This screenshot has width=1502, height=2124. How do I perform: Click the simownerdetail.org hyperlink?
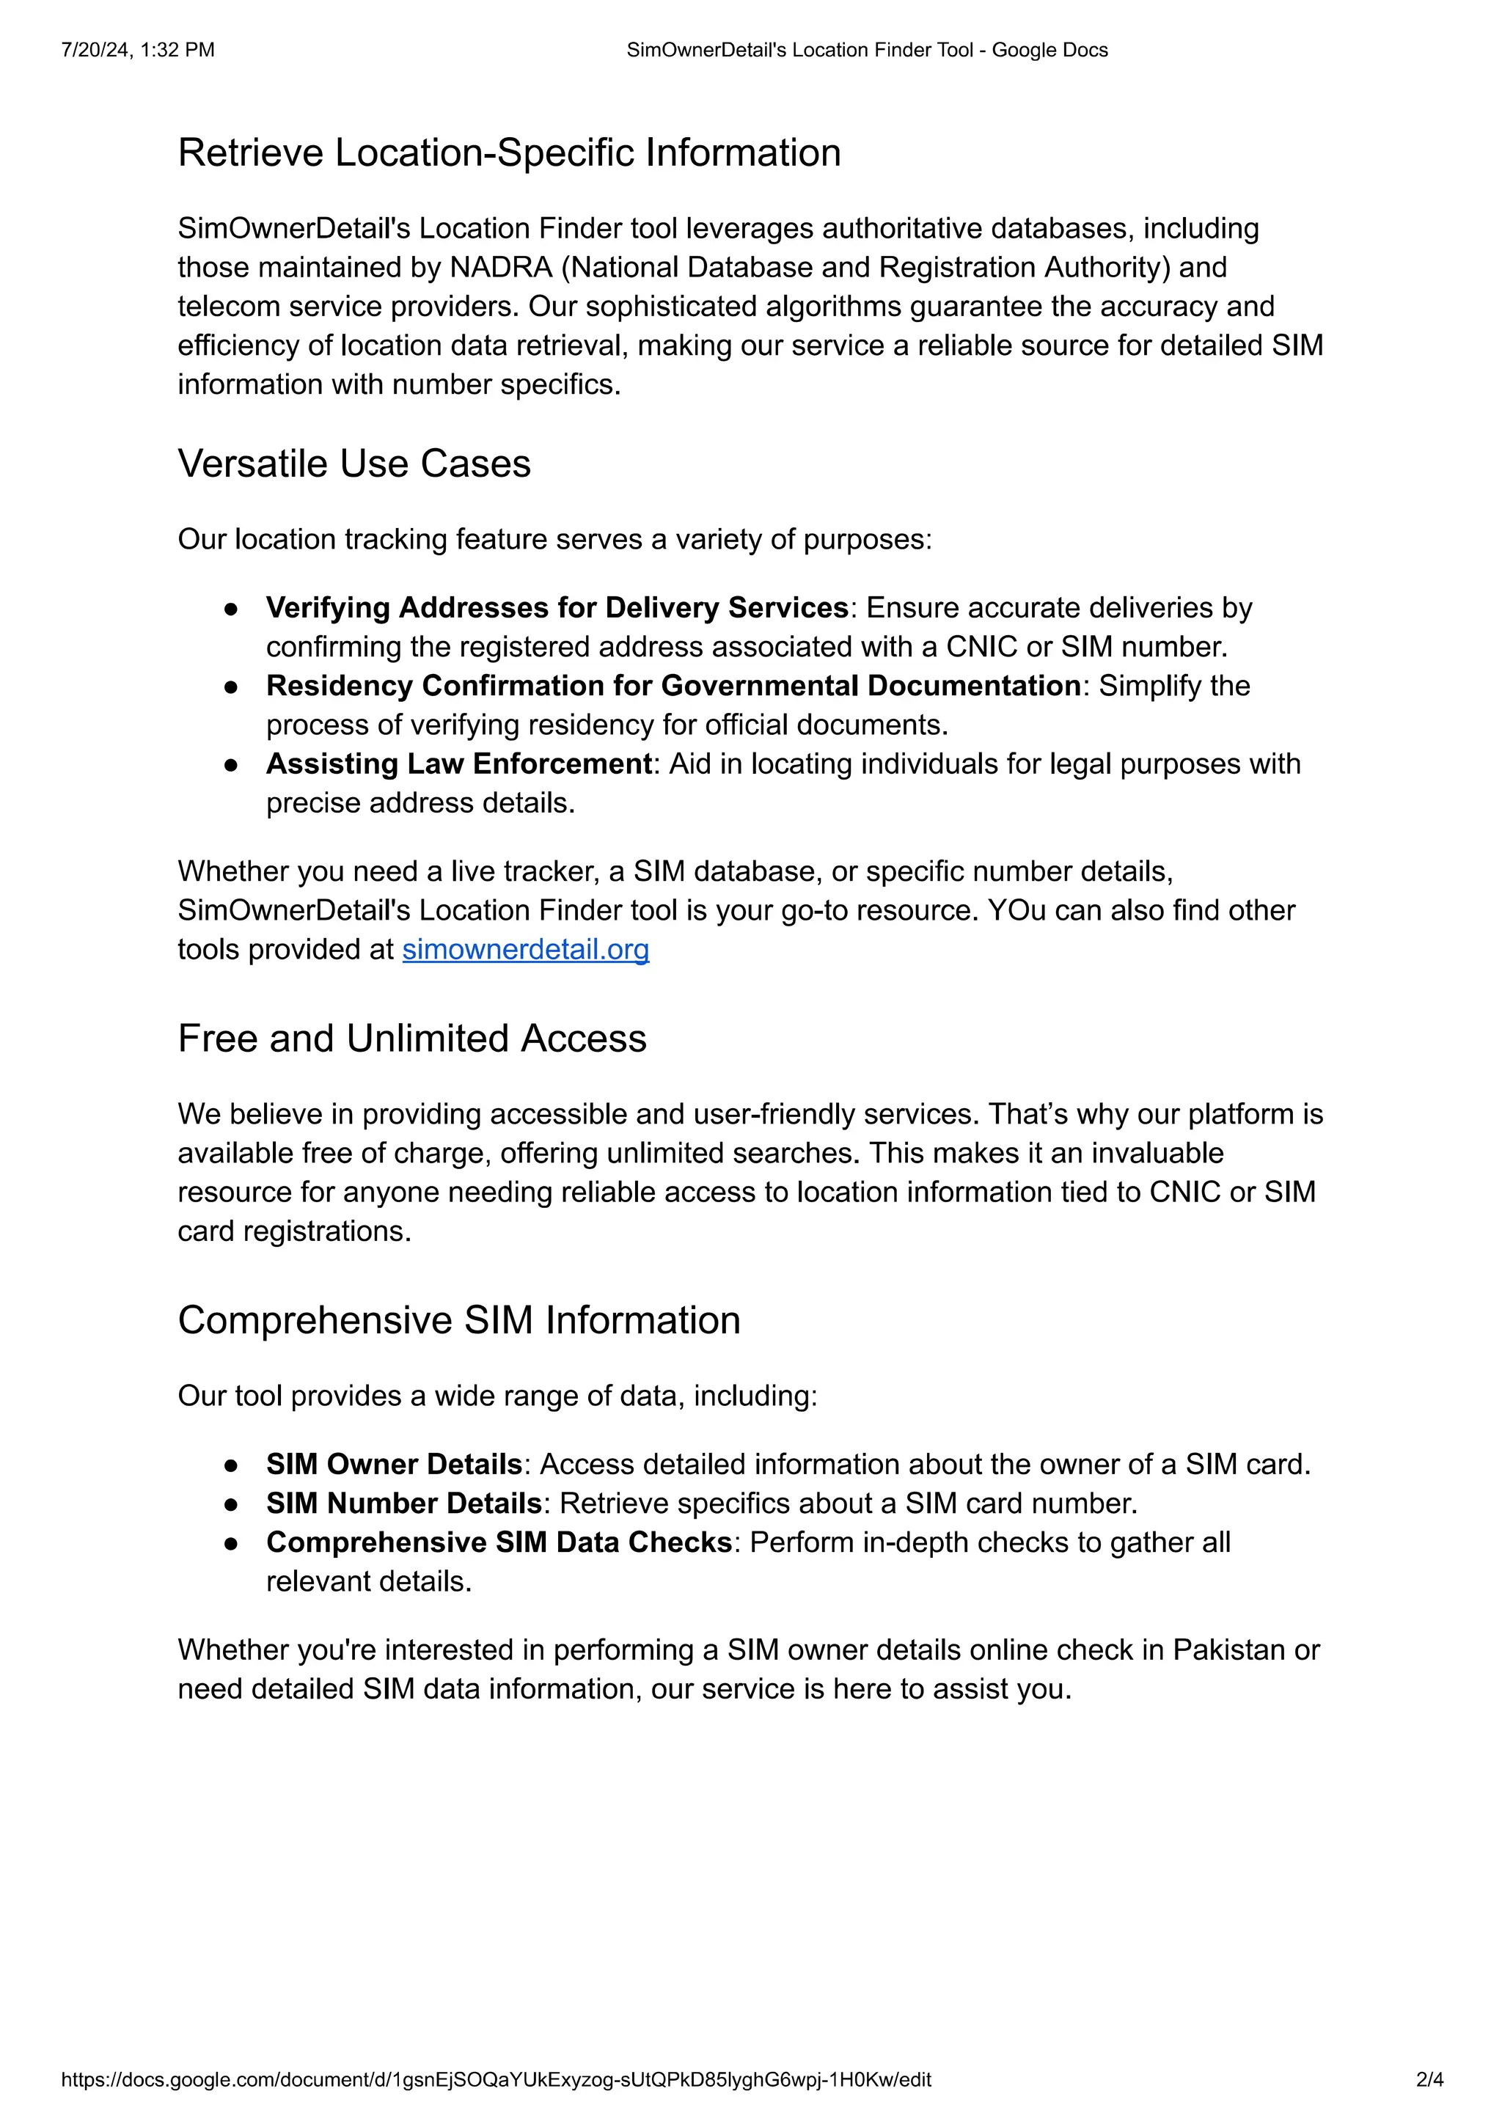click(525, 949)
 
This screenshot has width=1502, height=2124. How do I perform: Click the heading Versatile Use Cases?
click(354, 464)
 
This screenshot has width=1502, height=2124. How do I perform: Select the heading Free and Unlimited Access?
click(411, 1038)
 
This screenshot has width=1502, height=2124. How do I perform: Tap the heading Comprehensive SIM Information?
click(458, 1320)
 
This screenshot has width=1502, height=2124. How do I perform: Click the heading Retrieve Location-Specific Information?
click(509, 153)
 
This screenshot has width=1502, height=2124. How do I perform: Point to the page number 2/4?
click(1429, 2081)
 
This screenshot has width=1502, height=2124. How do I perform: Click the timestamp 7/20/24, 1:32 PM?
click(138, 50)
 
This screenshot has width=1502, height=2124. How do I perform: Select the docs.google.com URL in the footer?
click(496, 2081)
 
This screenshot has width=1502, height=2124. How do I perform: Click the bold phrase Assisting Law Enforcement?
click(458, 764)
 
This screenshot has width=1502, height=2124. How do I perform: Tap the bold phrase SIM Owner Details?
click(394, 1465)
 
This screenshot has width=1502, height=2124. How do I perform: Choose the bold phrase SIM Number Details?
click(403, 1504)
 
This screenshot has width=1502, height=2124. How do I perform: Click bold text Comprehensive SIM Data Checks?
click(499, 1542)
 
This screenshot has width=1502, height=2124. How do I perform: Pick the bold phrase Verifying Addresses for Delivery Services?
click(557, 608)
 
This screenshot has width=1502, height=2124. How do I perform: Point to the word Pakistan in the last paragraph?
click(1233, 1650)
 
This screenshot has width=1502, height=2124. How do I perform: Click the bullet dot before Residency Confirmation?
click(231, 686)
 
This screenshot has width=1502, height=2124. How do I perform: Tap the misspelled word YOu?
click(1016, 910)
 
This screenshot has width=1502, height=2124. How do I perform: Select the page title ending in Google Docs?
click(867, 50)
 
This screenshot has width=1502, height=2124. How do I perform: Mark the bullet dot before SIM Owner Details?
click(231, 1465)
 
